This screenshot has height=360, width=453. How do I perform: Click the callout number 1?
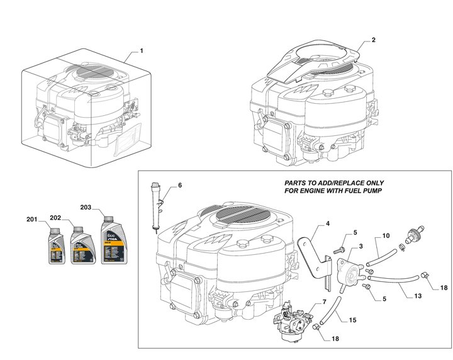(x=142, y=50)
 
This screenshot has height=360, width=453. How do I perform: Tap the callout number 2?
(x=374, y=40)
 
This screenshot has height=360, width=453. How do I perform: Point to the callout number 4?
(x=328, y=224)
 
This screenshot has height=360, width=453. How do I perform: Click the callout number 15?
(x=353, y=319)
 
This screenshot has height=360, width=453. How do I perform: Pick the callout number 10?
(x=386, y=236)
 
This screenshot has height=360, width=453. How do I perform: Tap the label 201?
(x=32, y=220)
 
